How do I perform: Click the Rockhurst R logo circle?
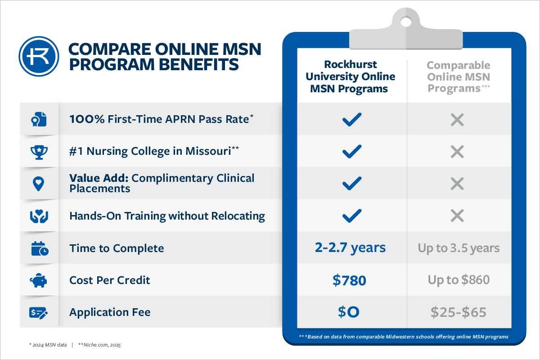pos(39,56)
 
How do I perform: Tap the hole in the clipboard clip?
pos(406,22)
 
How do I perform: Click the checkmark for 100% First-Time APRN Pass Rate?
pos(352,119)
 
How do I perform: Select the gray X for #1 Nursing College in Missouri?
pos(457,152)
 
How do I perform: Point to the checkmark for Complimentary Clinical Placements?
pos(352,184)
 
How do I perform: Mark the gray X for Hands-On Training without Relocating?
pos(457,216)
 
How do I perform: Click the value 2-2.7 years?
pos(350,248)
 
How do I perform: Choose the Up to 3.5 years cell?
pos(459,248)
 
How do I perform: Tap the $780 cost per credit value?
pos(349,280)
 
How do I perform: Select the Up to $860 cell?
pos(459,280)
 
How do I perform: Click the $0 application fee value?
pos(349,312)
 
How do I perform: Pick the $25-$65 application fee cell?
pos(458,312)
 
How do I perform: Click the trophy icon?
pos(39,152)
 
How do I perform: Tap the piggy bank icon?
pos(38,280)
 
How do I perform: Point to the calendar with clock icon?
pos(40,248)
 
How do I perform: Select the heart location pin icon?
pos(38,184)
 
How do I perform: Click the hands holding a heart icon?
pos(39,216)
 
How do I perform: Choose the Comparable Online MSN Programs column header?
pos(459,77)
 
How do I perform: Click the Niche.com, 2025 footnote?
pos(99,345)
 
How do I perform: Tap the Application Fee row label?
pos(110,312)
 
